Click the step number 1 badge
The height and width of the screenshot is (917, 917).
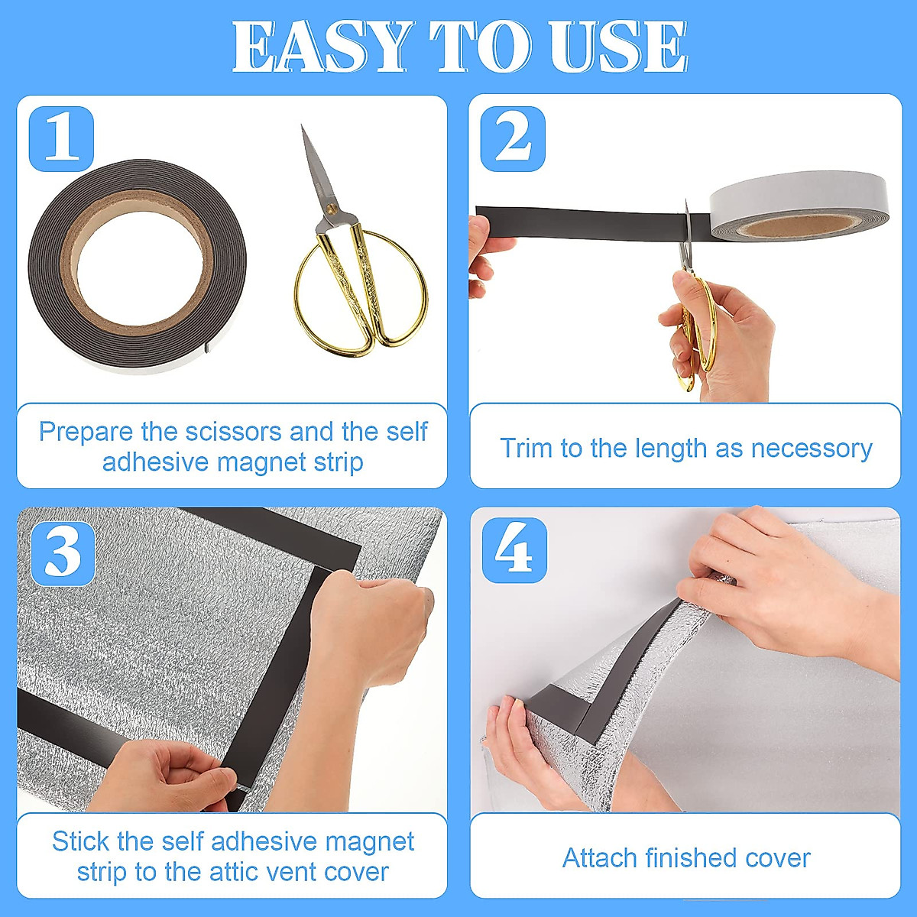point(61,139)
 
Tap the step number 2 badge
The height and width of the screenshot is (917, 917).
point(513,139)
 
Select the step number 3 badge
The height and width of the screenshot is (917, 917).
point(63,553)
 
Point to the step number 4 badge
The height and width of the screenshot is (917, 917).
point(514,550)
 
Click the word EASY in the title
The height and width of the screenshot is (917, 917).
point(322,47)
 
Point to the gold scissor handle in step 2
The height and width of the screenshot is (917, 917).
point(697,329)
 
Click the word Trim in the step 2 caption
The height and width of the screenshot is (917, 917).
point(525,448)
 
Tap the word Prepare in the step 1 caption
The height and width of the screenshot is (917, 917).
point(86,432)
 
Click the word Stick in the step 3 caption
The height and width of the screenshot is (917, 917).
point(80,841)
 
